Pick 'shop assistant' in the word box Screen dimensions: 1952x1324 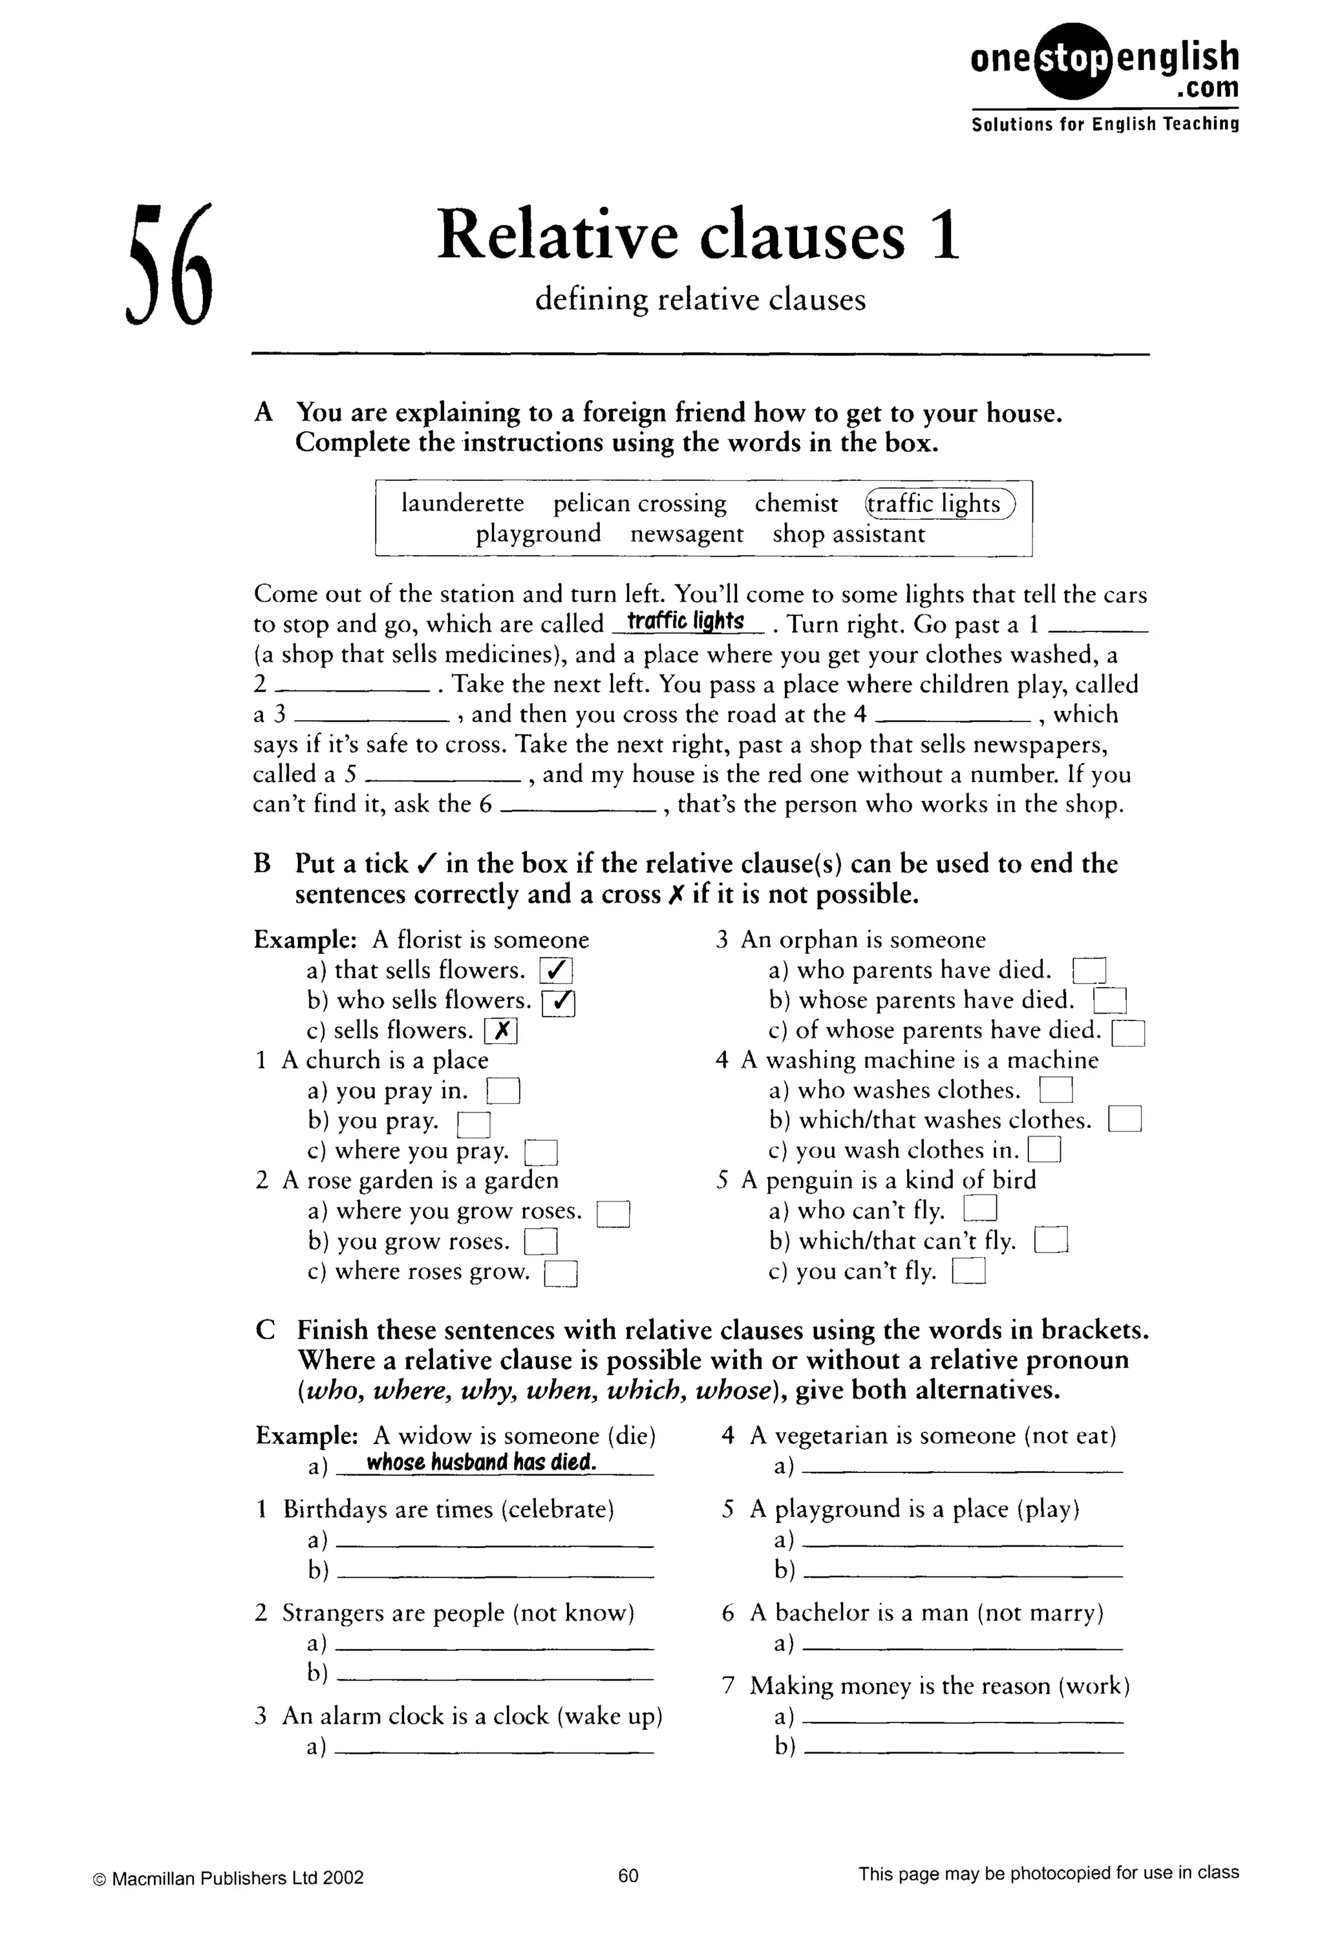848,534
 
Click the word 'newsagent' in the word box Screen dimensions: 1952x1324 687,534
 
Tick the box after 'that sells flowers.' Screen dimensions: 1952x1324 555,971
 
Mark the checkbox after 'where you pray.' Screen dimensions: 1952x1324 541,1152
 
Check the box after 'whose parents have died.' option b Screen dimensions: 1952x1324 1109,1001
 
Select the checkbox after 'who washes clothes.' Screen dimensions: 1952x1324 1056,1091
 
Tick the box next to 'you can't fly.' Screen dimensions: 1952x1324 968,1273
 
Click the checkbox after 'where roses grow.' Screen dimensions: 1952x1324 561,1274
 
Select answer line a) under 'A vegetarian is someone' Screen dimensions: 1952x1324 962,1467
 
